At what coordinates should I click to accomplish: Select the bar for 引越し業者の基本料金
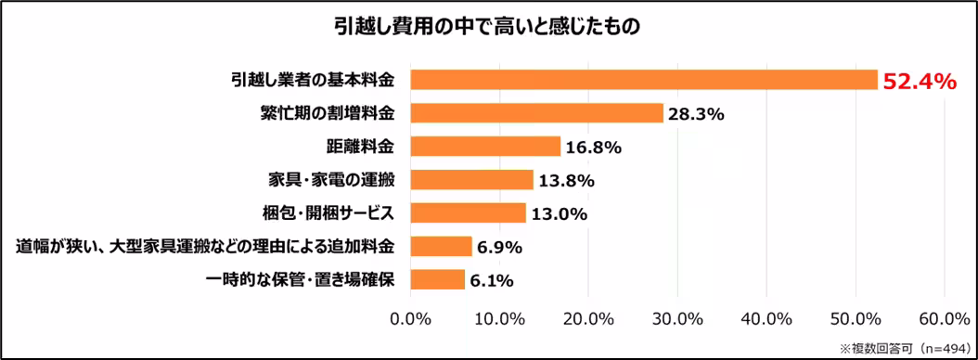tap(643, 80)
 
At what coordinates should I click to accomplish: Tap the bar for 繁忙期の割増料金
tap(536, 113)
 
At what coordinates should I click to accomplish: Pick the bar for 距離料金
tap(485, 147)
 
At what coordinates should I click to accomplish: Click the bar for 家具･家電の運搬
tap(471, 180)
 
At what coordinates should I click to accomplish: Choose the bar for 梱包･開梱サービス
tap(468, 213)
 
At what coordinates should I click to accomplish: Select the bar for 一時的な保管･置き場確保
tap(437, 280)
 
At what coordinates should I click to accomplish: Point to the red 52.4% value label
tap(919, 82)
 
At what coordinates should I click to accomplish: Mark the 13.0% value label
tap(559, 214)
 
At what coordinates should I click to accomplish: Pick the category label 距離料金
tap(360, 147)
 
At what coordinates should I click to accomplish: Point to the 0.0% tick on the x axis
tap(410, 319)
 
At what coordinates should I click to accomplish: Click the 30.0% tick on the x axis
tap(677, 319)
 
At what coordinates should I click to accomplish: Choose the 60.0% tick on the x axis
tap(944, 319)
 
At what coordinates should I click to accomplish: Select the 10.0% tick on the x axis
tap(499, 319)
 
